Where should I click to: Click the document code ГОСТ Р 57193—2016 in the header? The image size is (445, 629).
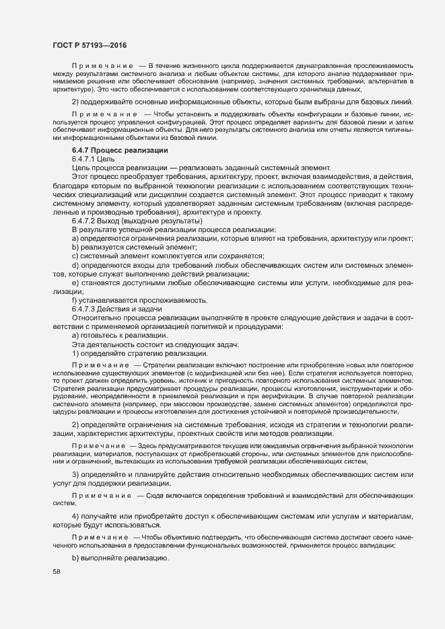89,44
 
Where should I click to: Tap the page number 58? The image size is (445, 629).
56,572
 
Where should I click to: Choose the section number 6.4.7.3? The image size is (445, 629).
85,309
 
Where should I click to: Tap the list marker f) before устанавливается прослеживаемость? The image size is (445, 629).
74,300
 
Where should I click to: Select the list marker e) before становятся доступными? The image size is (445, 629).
75,283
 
